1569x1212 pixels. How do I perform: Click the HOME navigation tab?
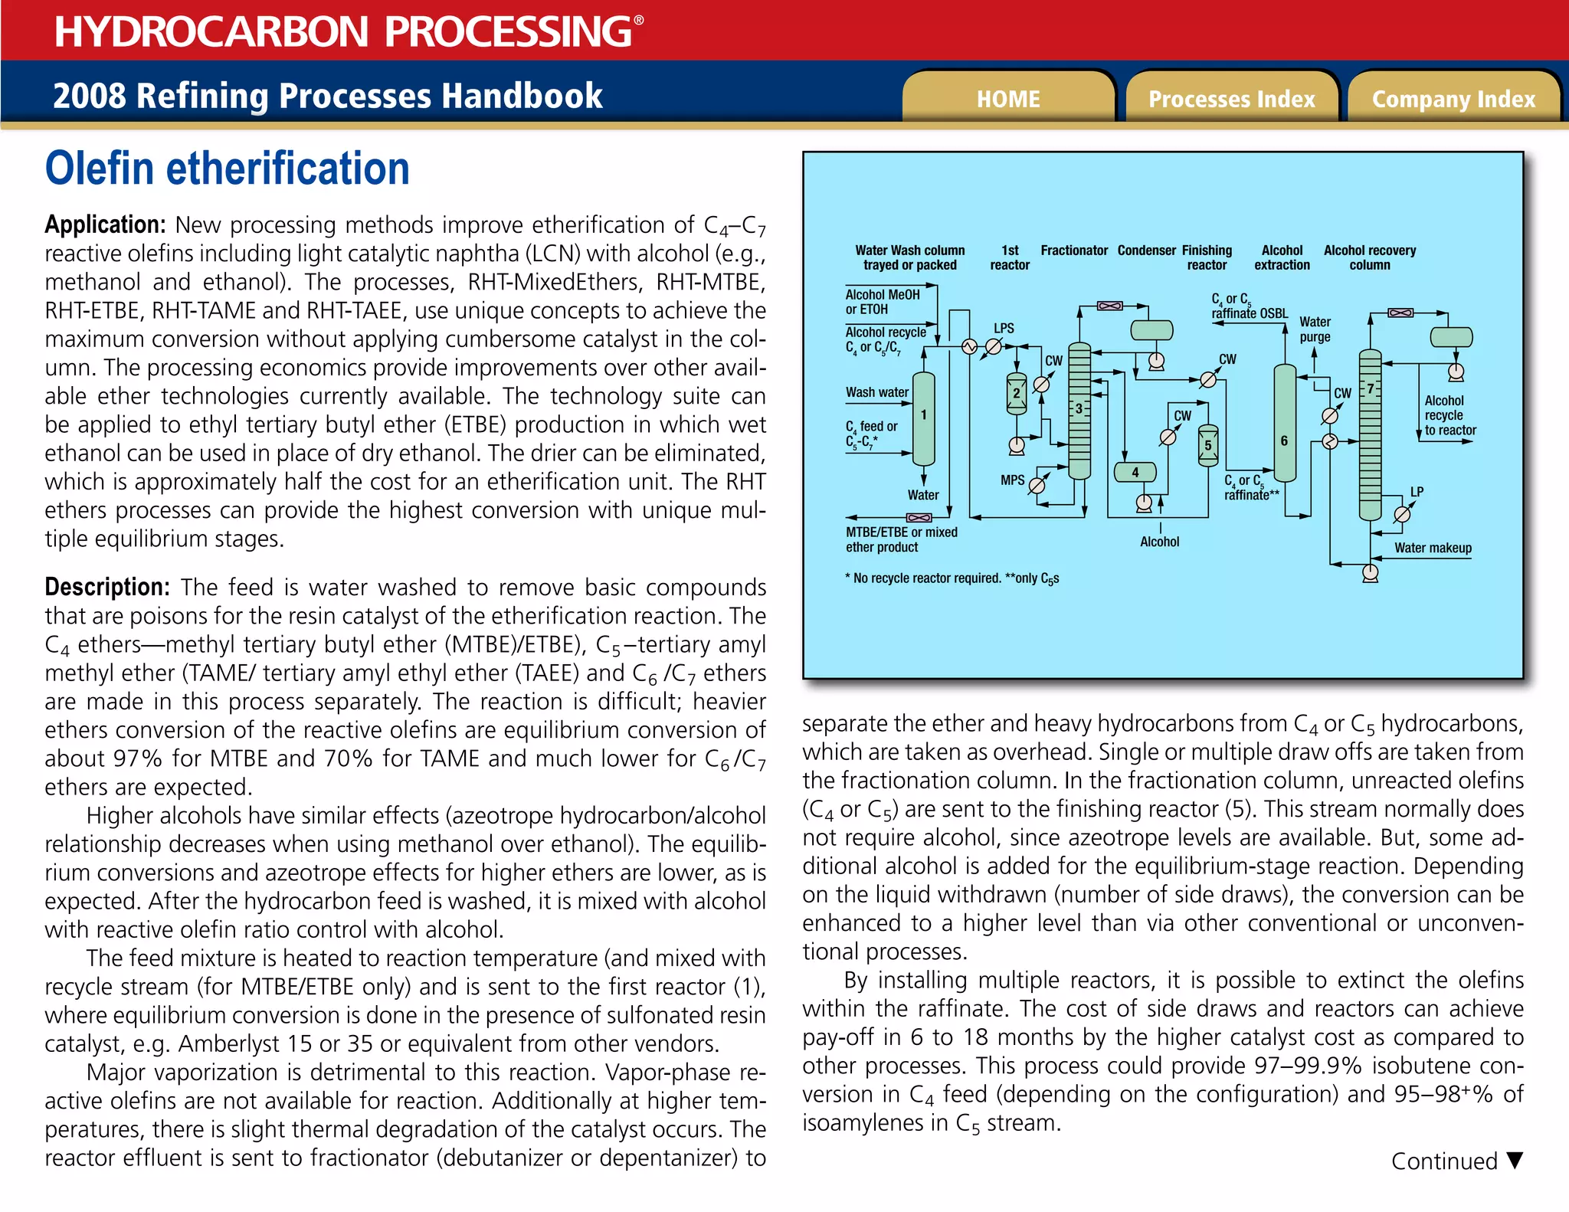pos(1008,99)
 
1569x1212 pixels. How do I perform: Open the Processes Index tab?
pos(1231,99)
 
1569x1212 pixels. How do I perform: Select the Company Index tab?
pos(1453,99)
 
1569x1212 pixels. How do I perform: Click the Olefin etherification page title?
pos(228,169)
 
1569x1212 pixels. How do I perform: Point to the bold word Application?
pos(105,224)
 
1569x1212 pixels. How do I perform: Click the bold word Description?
pos(107,587)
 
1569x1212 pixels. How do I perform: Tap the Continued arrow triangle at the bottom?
pos(1515,1160)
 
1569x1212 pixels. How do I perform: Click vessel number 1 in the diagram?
pos(924,415)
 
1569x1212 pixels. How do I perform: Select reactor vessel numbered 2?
pos(1017,394)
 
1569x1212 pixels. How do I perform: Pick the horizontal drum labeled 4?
pos(1135,473)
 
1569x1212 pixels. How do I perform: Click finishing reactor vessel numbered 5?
pos(1208,446)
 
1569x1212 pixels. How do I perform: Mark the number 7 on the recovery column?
pos(1371,388)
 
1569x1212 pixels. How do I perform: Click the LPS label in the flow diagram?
pos(1004,328)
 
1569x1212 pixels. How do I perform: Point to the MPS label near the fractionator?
pos(1012,480)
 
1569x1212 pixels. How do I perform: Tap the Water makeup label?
pos(1433,548)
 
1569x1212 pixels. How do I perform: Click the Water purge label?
pos(1315,329)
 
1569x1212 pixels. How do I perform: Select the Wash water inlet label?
pos(876,392)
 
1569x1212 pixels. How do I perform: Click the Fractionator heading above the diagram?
pos(1074,251)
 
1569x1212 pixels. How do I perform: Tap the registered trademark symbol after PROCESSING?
pos(639,21)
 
